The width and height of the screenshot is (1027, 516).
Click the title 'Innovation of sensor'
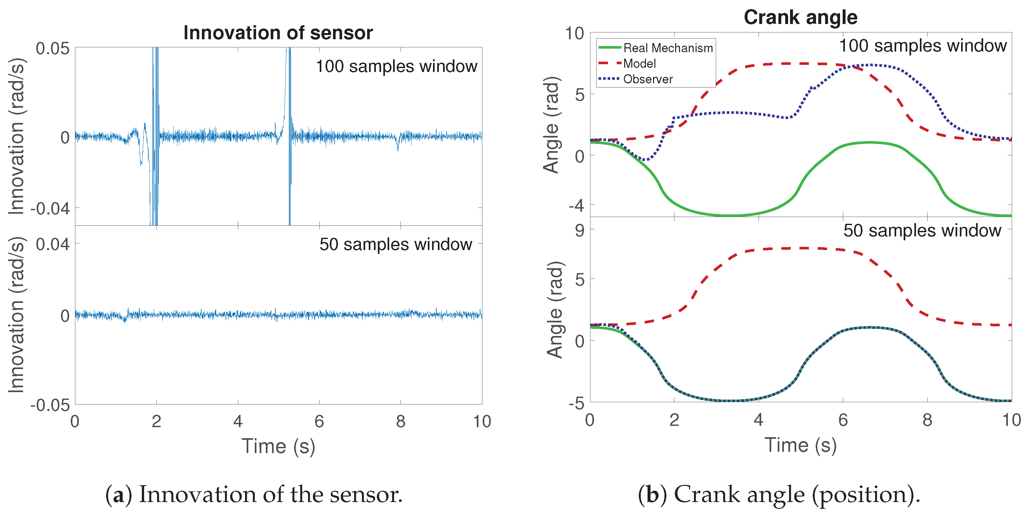(278, 33)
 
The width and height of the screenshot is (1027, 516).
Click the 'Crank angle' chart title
(800, 18)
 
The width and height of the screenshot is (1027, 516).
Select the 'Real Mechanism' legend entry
(667, 48)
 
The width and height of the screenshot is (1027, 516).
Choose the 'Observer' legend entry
(648, 79)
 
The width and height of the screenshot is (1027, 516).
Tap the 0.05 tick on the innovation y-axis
(52, 49)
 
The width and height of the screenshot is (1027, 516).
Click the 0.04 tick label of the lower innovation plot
(52, 244)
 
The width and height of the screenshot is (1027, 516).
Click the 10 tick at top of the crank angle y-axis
(574, 34)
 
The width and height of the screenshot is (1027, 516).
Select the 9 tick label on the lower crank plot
(579, 230)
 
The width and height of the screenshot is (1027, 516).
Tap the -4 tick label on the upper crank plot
(576, 206)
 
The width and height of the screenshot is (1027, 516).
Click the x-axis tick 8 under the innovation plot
(400, 422)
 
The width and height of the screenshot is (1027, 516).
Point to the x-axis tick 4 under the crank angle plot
(758, 420)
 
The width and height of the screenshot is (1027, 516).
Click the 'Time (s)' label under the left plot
(278, 446)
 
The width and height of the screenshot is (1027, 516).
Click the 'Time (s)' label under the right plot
(800, 445)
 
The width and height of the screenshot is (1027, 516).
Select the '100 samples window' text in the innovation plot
(396, 66)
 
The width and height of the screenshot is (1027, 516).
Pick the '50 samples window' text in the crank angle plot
(922, 231)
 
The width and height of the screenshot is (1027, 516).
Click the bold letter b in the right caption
(652, 495)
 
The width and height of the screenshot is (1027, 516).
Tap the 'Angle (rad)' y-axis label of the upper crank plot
(552, 125)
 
